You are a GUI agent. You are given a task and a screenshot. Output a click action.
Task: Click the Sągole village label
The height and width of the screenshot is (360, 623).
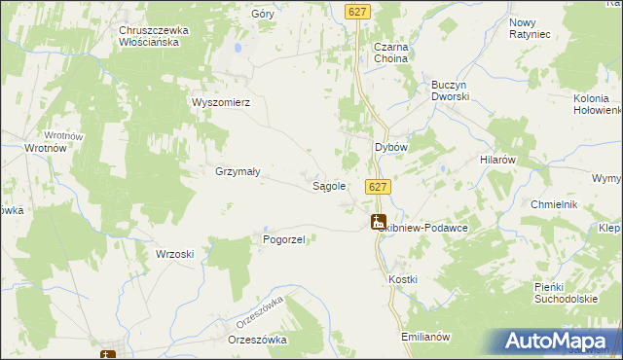[328, 186]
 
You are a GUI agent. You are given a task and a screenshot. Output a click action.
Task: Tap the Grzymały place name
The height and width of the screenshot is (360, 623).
[237, 171]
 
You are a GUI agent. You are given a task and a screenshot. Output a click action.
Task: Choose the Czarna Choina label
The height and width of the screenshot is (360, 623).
[390, 53]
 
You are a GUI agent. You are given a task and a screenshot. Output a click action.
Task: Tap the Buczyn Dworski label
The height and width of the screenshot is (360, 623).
[451, 91]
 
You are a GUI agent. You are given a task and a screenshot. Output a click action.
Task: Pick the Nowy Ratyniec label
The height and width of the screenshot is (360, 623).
[530, 28]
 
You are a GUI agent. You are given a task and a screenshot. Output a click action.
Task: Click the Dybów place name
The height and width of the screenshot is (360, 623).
[390, 146]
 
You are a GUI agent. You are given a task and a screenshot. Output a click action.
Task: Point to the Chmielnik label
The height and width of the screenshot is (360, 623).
[555, 203]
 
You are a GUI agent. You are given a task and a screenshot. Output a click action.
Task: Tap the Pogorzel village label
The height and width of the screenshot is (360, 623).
[285, 239]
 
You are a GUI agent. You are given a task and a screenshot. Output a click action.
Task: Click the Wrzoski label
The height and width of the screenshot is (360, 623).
[175, 254]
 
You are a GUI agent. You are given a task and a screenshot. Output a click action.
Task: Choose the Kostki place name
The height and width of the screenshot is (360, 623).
[403, 279]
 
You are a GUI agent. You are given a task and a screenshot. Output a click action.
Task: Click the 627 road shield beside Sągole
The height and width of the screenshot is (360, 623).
[379, 186]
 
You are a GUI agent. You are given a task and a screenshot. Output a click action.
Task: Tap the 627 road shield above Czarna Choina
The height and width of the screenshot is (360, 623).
[358, 11]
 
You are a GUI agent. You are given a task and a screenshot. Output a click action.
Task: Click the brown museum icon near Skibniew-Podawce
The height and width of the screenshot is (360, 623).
[379, 222]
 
